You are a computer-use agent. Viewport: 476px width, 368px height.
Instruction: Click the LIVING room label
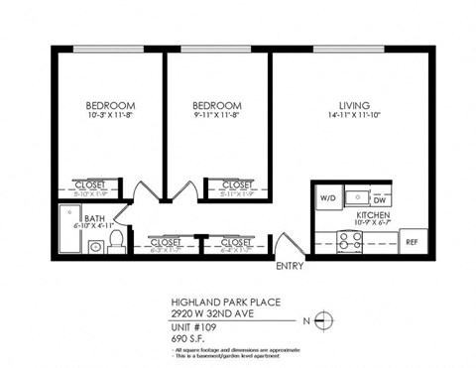click(354, 105)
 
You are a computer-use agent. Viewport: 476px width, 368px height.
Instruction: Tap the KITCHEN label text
click(373, 215)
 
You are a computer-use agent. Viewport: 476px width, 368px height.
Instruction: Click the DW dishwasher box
click(379, 199)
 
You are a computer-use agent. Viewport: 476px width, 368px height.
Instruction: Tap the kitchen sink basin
click(354, 192)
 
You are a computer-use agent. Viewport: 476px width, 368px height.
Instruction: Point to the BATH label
click(95, 218)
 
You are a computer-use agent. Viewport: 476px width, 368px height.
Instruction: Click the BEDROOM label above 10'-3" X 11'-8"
click(109, 105)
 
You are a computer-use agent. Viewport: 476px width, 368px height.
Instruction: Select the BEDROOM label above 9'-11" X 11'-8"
click(216, 105)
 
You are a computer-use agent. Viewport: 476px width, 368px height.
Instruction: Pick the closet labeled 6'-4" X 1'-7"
click(236, 244)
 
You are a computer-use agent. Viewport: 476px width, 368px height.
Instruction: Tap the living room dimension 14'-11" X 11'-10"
click(354, 117)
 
